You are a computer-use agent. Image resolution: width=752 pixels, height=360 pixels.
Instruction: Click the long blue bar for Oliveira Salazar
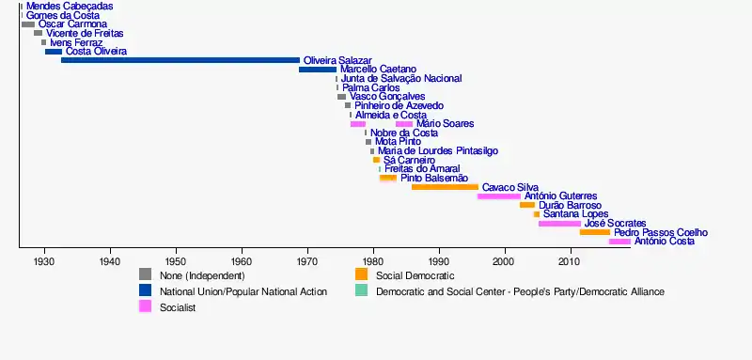tap(180, 60)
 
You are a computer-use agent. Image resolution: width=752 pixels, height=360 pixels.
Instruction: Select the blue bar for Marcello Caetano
tap(318, 70)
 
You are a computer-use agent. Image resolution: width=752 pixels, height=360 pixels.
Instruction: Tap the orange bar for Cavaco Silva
tap(445, 187)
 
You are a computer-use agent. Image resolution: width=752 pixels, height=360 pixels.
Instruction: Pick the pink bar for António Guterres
tap(499, 196)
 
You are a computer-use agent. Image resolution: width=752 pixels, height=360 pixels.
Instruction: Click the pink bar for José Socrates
tap(559, 224)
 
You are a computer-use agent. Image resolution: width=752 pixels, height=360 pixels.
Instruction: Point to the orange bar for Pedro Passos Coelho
tap(595, 232)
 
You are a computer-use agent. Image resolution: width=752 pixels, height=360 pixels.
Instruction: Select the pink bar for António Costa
tap(619, 242)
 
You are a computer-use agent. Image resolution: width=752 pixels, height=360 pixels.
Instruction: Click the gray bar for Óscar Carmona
tap(28, 24)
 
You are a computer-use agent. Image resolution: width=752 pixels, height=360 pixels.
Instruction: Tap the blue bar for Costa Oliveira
tap(54, 52)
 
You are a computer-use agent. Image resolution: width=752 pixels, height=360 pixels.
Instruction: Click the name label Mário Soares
tap(445, 124)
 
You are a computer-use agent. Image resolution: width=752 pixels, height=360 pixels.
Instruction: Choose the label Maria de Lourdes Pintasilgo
tap(438, 151)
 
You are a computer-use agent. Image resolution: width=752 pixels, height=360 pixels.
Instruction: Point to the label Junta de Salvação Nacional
tap(401, 79)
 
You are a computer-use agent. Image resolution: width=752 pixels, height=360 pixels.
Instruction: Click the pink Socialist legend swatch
tap(146, 306)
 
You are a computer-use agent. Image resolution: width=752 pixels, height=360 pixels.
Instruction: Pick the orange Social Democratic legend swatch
tap(361, 274)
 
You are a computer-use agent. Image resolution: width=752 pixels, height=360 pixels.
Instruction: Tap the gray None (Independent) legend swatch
tap(146, 274)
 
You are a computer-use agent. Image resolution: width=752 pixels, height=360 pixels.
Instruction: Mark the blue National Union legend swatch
tap(146, 290)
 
